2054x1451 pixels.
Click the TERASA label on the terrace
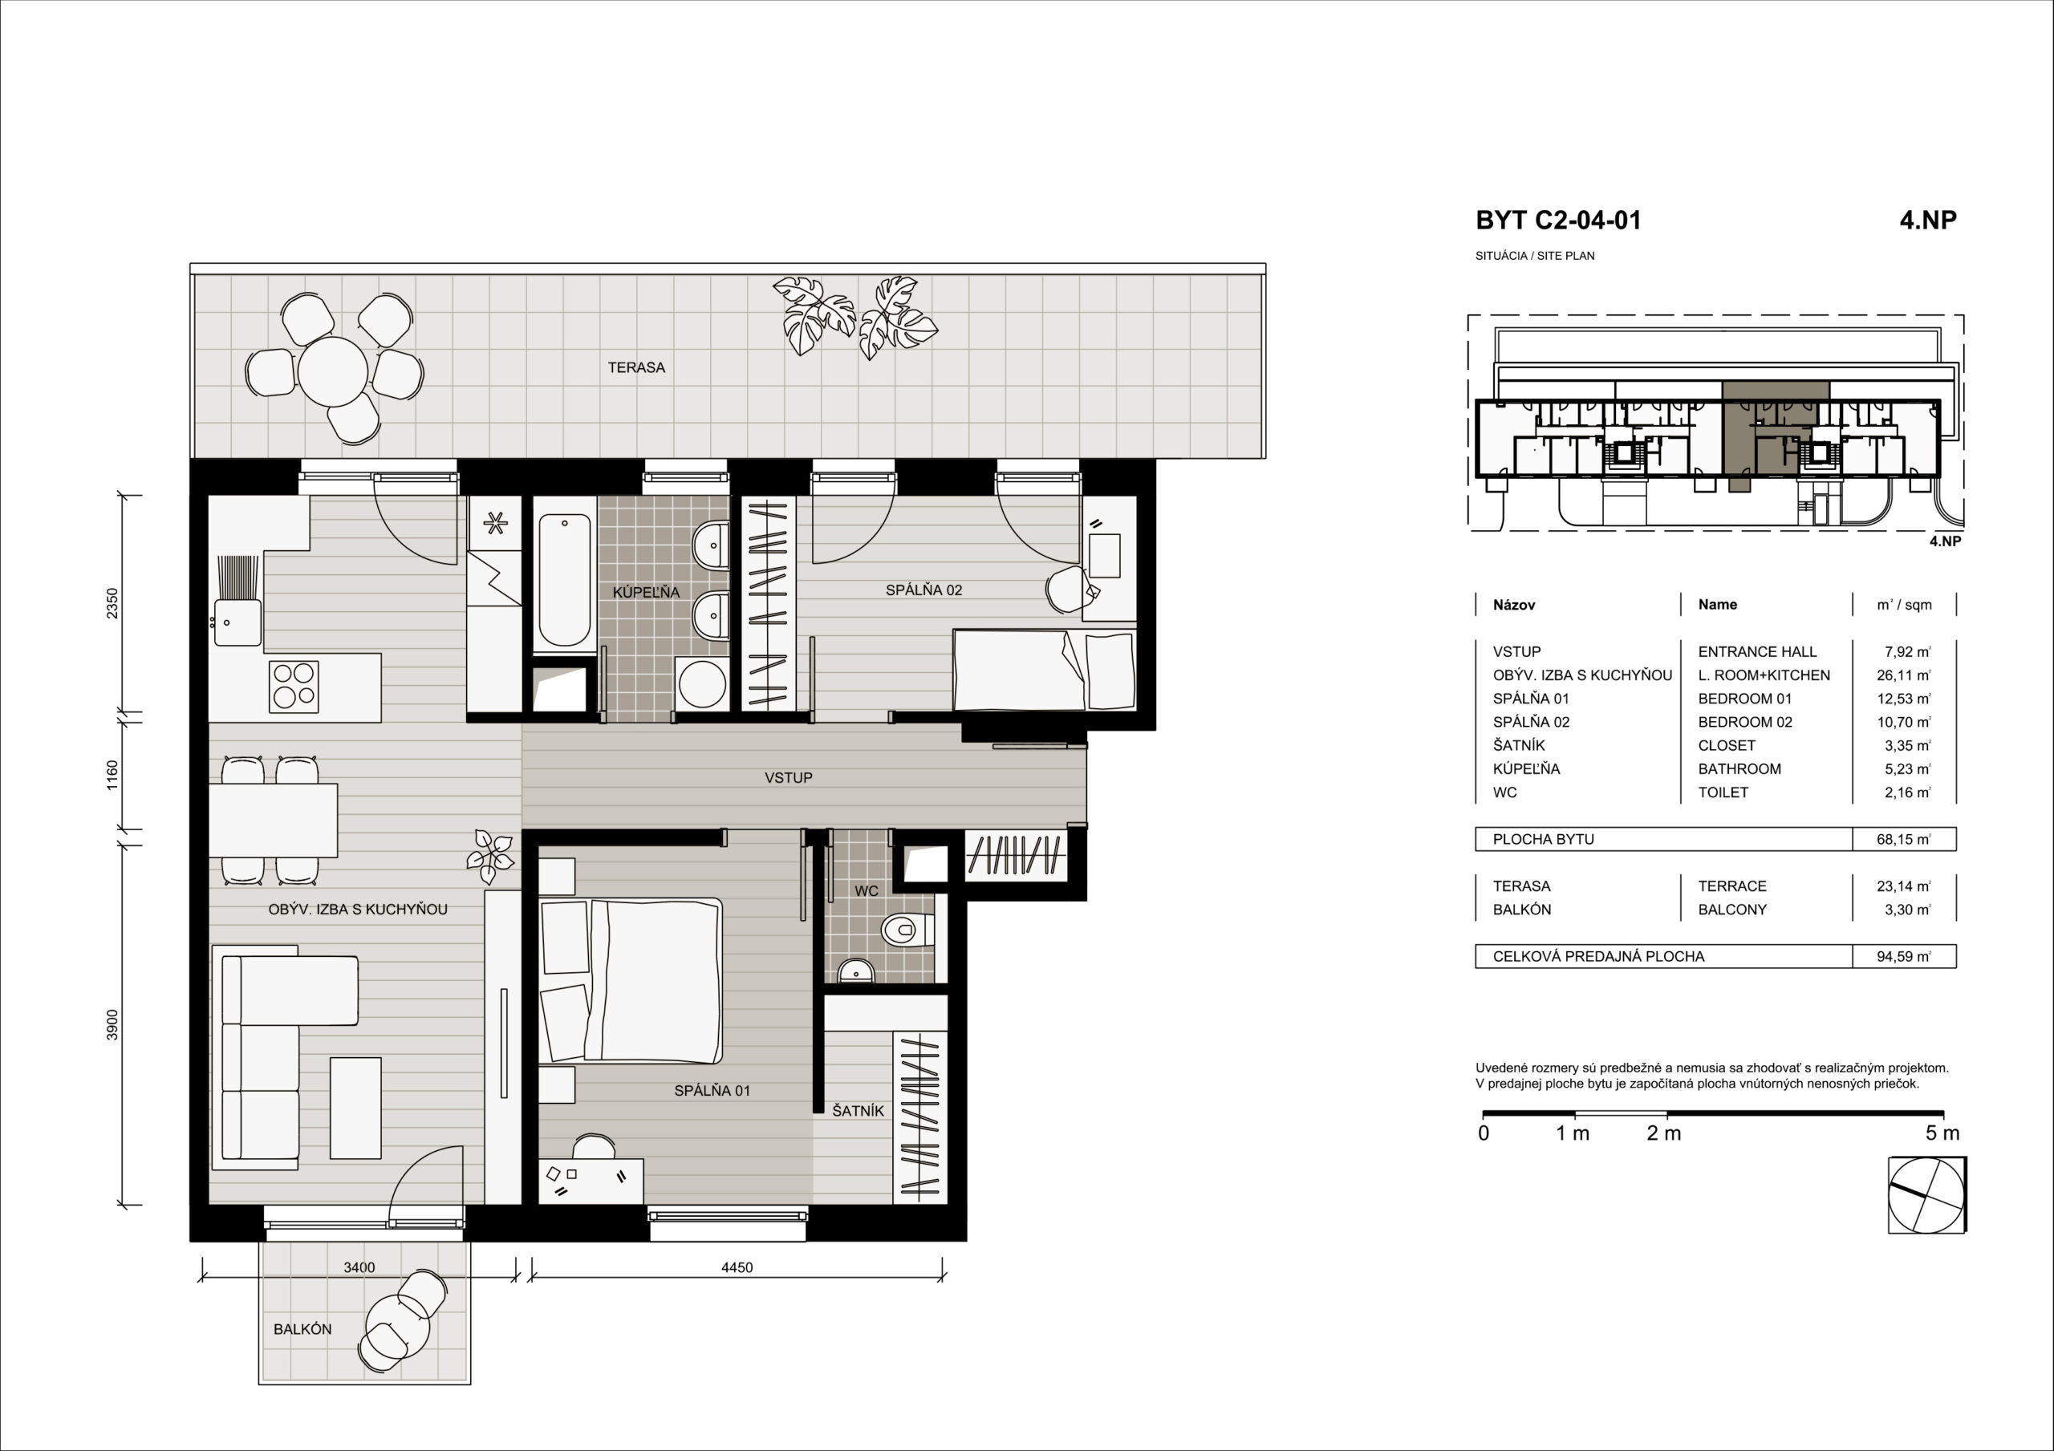point(636,367)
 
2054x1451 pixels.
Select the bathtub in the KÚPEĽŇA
point(563,579)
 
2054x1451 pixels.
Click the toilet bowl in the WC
point(906,930)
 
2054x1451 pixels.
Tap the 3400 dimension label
point(359,1267)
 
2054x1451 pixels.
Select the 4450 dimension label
point(737,1267)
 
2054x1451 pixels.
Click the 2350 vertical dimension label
point(112,603)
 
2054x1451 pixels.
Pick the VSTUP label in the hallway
point(788,778)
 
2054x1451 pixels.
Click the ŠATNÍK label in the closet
point(858,1111)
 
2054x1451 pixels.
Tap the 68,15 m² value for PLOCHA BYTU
point(1904,839)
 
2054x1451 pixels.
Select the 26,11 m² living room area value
point(1904,675)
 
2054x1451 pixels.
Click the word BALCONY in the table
point(1732,910)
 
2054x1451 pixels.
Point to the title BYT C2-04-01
point(1558,221)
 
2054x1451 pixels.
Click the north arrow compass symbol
point(1927,1195)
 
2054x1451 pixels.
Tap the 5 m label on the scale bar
point(1942,1133)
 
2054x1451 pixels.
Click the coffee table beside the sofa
point(355,1109)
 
